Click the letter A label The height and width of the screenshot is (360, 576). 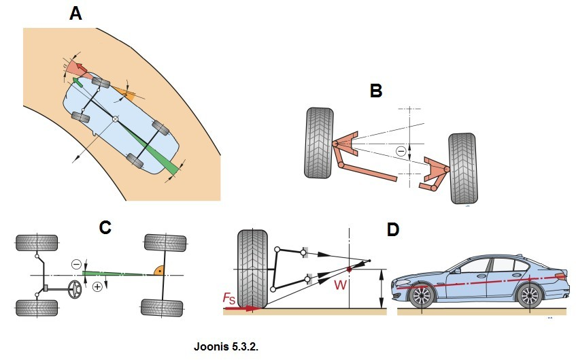click(x=76, y=14)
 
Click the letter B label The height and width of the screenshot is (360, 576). click(x=375, y=91)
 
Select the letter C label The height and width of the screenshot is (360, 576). click(x=105, y=228)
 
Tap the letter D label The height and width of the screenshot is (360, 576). click(x=392, y=229)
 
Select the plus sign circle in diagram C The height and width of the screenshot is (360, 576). click(x=97, y=287)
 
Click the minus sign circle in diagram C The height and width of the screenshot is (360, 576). click(x=77, y=264)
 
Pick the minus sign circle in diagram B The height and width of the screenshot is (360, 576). click(x=401, y=151)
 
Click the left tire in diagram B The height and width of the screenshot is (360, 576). click(x=318, y=143)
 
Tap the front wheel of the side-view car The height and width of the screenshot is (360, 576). click(x=422, y=296)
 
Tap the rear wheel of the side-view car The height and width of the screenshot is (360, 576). click(x=529, y=296)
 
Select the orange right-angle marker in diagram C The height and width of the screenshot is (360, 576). click(x=157, y=271)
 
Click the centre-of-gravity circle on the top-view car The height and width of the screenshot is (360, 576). click(x=116, y=120)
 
